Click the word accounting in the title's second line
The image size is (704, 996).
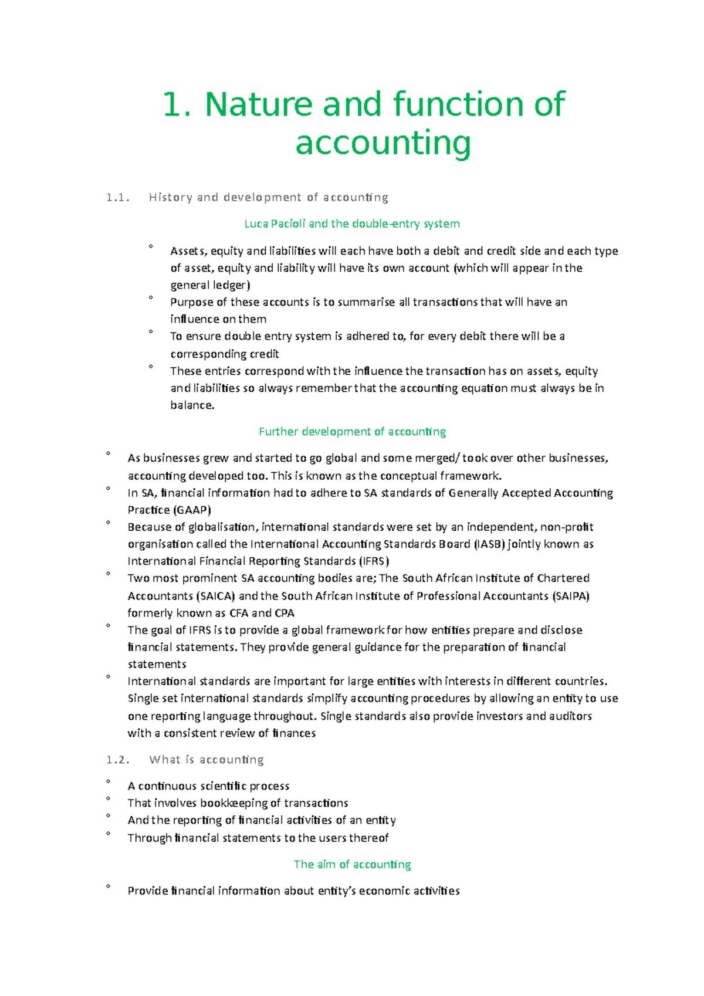click(x=383, y=143)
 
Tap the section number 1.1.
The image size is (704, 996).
click(x=117, y=198)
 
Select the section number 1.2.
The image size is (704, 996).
click(x=117, y=760)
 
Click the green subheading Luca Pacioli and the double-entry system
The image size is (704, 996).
click(x=352, y=223)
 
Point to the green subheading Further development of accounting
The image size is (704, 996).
click(x=352, y=432)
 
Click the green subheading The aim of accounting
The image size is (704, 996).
click(x=352, y=865)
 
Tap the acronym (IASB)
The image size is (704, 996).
click(x=489, y=544)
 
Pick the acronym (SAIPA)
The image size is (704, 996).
click(x=570, y=596)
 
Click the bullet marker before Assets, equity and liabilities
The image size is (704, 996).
click(x=151, y=247)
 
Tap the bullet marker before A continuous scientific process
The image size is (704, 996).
click(x=109, y=782)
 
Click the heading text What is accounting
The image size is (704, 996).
click(x=207, y=760)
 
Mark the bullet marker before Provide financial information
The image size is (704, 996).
click(x=109, y=887)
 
